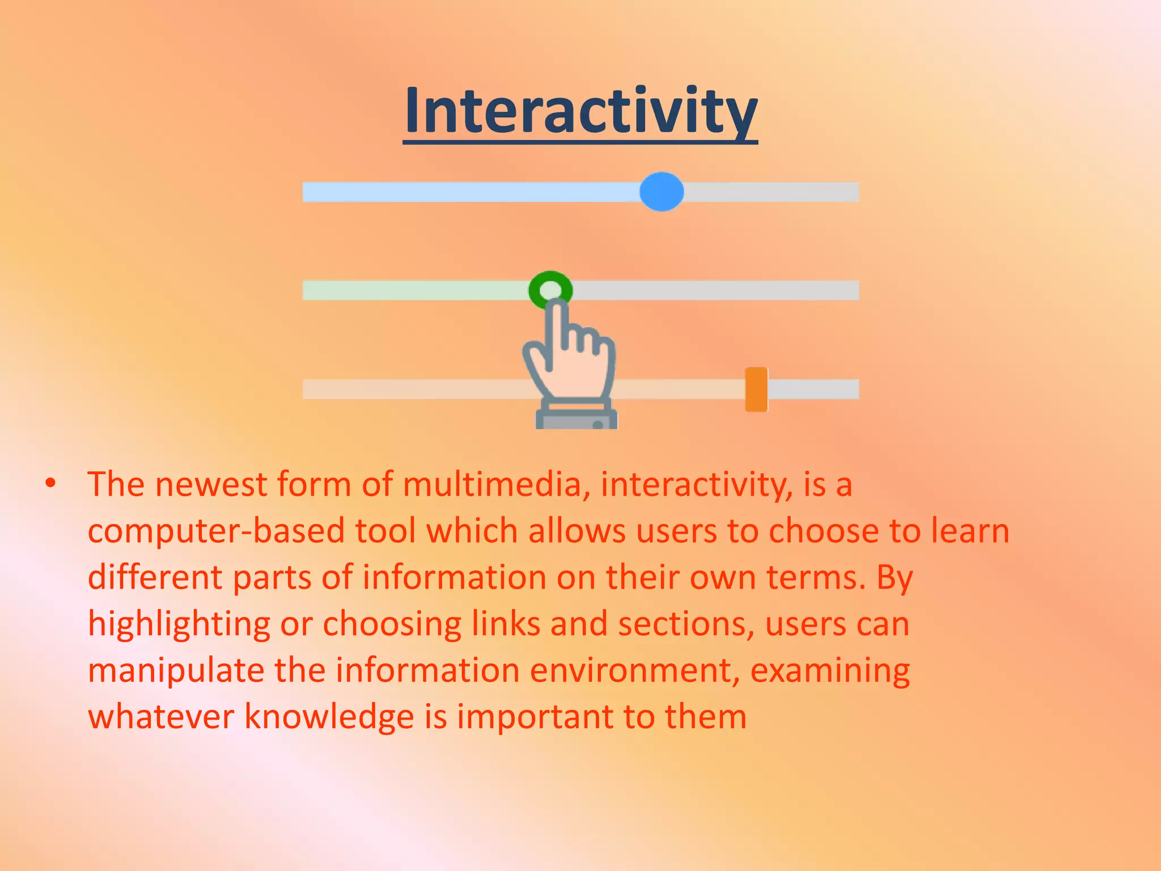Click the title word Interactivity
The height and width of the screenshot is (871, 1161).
[x=580, y=111]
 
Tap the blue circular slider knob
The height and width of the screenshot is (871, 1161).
[x=662, y=192]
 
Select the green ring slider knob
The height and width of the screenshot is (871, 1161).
[x=550, y=290]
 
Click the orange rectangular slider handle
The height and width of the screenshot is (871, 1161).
[x=756, y=389]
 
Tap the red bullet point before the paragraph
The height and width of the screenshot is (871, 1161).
[x=51, y=484]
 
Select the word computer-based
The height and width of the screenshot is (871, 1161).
[x=216, y=532]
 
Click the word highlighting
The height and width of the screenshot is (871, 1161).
[x=179, y=625]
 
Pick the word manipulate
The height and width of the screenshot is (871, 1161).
[x=176, y=671]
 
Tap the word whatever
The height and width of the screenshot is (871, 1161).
[x=161, y=717]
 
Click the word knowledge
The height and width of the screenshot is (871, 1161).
[x=329, y=717]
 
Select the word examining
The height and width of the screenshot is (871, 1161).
[x=830, y=671]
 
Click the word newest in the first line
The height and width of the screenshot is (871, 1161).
[x=211, y=485]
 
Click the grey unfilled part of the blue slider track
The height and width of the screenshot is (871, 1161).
[x=771, y=192]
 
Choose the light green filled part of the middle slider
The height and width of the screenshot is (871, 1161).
[x=414, y=290]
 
